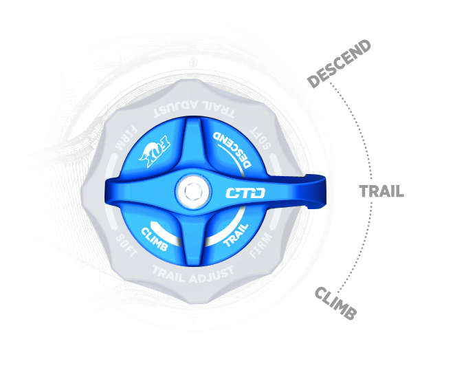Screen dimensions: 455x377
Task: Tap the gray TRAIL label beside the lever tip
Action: pos(381,191)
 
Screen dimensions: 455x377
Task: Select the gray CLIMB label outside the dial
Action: pos(335,303)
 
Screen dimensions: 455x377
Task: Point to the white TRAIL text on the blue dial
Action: pos(236,235)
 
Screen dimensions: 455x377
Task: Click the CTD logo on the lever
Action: pos(245,193)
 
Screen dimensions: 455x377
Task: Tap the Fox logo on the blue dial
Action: pos(154,151)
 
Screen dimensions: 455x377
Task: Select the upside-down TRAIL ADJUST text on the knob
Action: pos(194,109)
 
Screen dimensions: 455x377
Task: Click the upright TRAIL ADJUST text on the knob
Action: pos(193,275)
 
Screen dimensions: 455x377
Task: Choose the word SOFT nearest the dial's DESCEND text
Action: pos(260,138)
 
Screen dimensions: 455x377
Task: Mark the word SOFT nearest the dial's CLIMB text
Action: pos(126,246)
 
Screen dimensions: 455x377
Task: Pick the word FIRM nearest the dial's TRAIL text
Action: pos(261,246)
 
